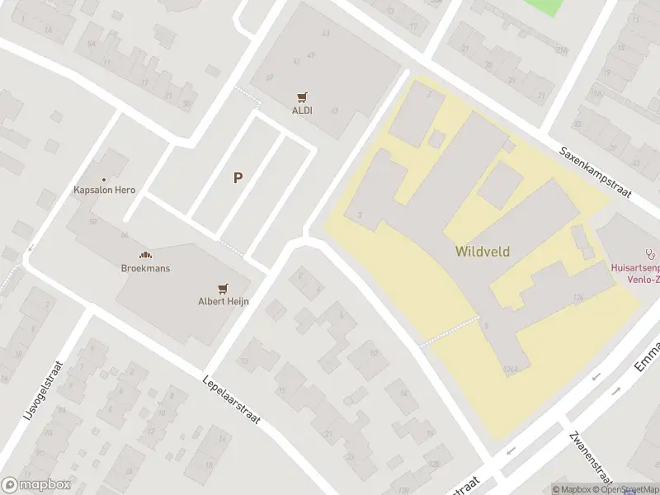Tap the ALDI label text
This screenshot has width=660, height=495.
(x=301, y=110)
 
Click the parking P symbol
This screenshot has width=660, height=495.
(x=238, y=177)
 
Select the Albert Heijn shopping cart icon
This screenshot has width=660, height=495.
(x=222, y=289)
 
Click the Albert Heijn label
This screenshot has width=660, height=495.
(x=223, y=301)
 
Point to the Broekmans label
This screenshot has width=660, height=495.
(x=144, y=268)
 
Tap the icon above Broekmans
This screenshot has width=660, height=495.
(x=144, y=256)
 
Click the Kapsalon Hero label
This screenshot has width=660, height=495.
(x=104, y=190)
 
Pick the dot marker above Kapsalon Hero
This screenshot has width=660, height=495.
(x=104, y=179)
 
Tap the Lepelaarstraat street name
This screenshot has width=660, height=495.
(x=231, y=401)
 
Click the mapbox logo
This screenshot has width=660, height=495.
(x=36, y=485)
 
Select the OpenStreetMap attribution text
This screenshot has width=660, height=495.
(x=628, y=489)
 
